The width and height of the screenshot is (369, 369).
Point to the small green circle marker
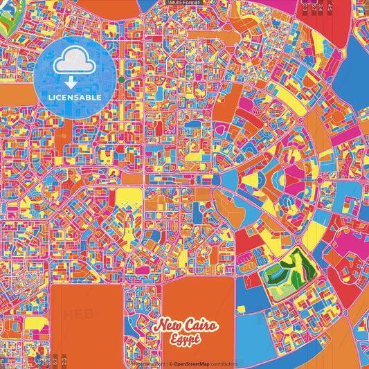122,80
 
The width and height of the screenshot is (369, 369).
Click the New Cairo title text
186,325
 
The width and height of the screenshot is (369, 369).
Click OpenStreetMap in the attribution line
196,363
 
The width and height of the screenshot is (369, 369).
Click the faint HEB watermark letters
78,314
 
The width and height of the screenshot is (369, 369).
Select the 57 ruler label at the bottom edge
56,360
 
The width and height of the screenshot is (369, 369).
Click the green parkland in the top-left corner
6,21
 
